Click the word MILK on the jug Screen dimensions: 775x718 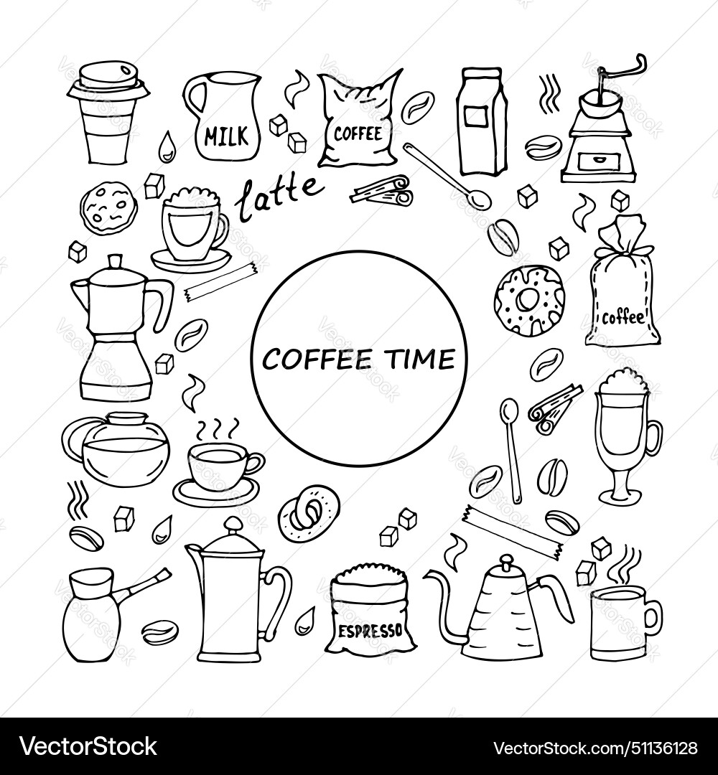click(225, 134)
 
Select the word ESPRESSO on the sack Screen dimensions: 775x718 click(369, 631)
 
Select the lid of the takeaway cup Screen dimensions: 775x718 click(108, 81)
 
